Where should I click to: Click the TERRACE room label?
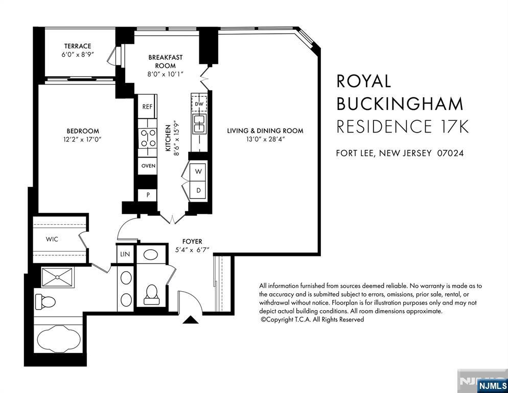[x=78, y=46]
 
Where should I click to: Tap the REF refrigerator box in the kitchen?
[x=147, y=106]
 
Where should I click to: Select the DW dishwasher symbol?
[x=199, y=104]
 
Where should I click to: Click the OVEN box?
[x=148, y=166]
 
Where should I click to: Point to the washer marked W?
[x=198, y=171]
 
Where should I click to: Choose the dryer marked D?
[x=198, y=190]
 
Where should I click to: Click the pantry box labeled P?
[x=148, y=195]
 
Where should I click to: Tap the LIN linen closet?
[x=125, y=254]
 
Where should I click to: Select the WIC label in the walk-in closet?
[x=52, y=239]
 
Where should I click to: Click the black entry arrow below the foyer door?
[x=191, y=320]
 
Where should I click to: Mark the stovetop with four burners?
[x=148, y=138]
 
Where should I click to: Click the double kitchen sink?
[x=199, y=124]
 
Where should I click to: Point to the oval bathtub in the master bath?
[x=59, y=339]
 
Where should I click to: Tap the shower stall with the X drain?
[x=58, y=277]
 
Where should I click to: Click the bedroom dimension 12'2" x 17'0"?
[x=83, y=140]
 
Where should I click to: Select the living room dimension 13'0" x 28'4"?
[x=265, y=140]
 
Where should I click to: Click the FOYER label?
[x=192, y=242]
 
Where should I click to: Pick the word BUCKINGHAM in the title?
[x=400, y=103]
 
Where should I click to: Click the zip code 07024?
[x=450, y=153]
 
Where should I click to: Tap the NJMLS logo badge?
[x=492, y=385]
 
